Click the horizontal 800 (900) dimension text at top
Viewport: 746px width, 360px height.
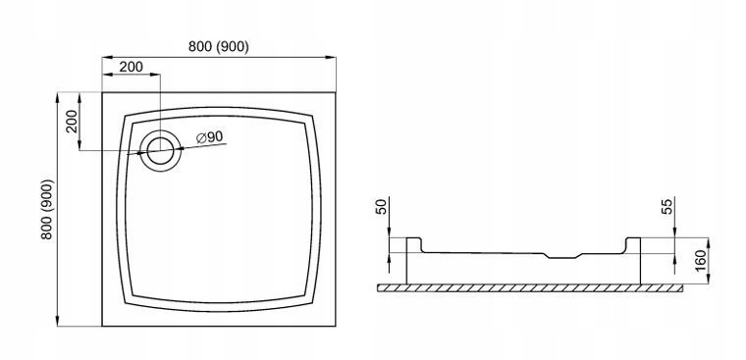tap(218, 47)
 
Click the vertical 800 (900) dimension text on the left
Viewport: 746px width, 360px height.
tap(47, 209)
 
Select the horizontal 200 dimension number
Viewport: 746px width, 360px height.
tap(131, 67)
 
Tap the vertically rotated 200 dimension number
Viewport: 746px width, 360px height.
tap(72, 122)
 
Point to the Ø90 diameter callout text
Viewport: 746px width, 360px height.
tap(209, 137)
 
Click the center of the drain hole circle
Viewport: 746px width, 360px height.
tap(160, 151)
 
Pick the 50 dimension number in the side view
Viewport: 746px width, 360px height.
tap(382, 207)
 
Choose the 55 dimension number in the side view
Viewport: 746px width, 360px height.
tap(668, 207)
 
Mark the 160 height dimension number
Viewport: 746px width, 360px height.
tap(702, 260)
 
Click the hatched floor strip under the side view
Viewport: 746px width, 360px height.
tap(530, 288)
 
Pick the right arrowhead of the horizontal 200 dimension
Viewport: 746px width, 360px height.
tap(155, 75)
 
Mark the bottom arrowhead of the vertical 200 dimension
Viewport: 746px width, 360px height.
tap(80, 145)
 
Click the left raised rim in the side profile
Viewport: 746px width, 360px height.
tap(413, 243)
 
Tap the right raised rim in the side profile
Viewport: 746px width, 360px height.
tap(633, 243)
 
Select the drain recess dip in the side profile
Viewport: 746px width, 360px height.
tap(562, 256)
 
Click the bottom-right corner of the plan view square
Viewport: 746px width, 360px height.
tap(336, 326)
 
